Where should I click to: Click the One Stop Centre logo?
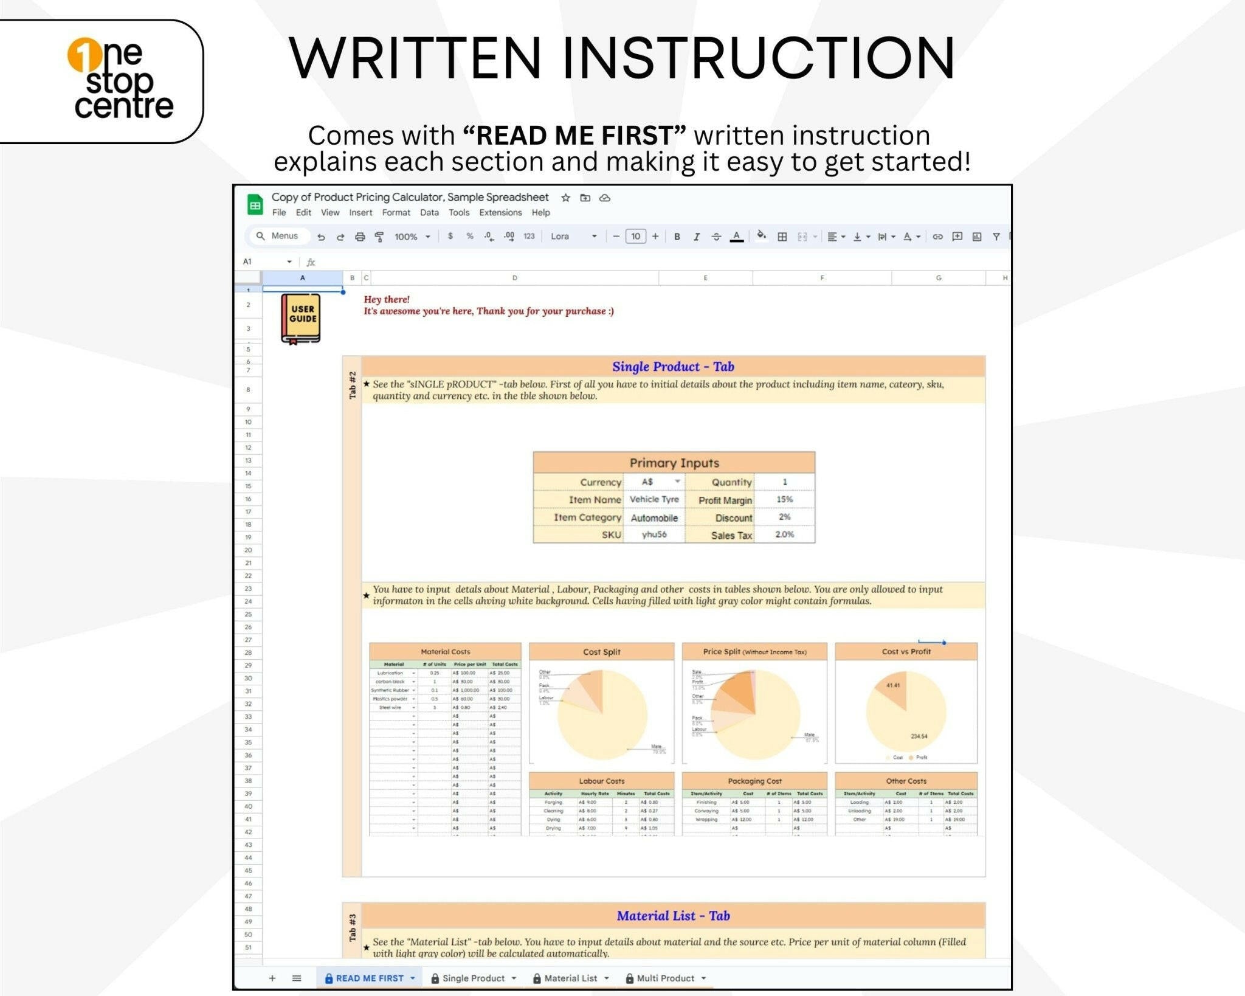point(120,79)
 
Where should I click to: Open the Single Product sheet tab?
point(473,978)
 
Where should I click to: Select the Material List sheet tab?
point(570,978)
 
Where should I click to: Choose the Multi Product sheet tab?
point(665,978)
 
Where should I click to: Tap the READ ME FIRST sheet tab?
point(369,978)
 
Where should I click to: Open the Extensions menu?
point(500,213)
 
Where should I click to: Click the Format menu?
point(396,213)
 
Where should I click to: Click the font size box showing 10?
point(635,237)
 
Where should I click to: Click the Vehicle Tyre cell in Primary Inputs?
point(654,499)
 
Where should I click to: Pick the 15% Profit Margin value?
point(784,499)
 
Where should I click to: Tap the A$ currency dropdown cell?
point(654,482)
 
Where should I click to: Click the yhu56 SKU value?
point(654,534)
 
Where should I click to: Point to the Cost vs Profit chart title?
point(906,652)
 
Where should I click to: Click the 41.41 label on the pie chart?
point(893,685)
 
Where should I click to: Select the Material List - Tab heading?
point(673,916)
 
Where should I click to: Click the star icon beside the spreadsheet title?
point(565,198)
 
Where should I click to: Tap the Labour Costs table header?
point(601,781)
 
